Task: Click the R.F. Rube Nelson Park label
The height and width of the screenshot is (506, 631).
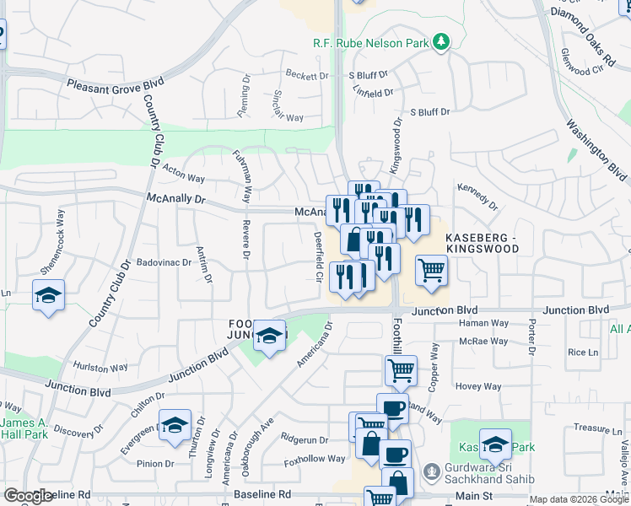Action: pyautogui.click(x=368, y=41)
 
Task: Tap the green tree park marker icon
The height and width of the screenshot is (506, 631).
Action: pyautogui.click(x=440, y=41)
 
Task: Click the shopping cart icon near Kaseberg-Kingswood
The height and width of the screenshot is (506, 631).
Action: pyautogui.click(x=430, y=272)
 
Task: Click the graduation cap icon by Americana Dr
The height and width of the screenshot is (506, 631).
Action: pyautogui.click(x=269, y=337)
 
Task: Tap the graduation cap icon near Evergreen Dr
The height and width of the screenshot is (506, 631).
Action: pyautogui.click(x=175, y=425)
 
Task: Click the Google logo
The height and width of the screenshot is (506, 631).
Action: pyautogui.click(x=28, y=496)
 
